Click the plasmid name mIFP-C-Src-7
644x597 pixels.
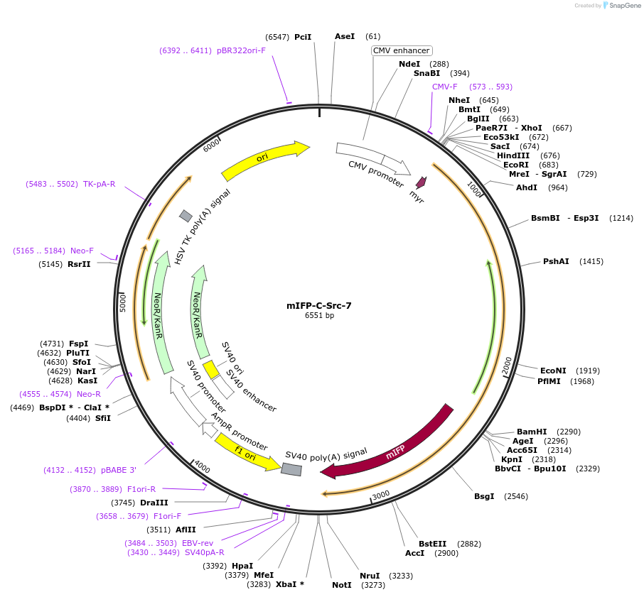318,306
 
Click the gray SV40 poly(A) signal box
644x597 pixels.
291,469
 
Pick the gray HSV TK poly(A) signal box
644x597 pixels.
186,216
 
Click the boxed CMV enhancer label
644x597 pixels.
402,50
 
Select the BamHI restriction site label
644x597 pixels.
532,432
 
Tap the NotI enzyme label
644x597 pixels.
341,585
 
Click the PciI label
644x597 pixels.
303,36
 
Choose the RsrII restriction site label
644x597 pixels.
78,265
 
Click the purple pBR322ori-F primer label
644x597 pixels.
241,50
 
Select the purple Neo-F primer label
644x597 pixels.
82,251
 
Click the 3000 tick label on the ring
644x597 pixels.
381,494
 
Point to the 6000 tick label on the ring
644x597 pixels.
212,146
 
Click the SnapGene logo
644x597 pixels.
622,6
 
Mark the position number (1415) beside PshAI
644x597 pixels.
591,261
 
